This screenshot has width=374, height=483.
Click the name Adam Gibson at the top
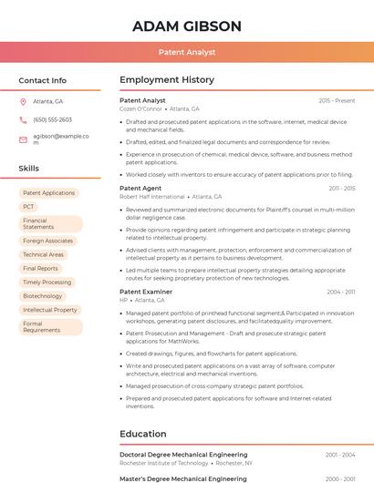coord(187,26)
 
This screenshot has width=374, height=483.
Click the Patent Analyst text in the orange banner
coord(187,53)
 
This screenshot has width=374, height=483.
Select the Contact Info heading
coord(43,80)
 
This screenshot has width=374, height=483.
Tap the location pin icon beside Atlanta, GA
coord(23,101)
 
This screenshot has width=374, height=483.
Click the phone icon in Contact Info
coord(23,119)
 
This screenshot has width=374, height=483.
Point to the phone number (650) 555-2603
coord(52,119)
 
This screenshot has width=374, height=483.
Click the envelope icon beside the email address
coord(23,139)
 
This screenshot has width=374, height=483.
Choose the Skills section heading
coord(29,169)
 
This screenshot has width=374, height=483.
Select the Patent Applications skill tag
coord(48,193)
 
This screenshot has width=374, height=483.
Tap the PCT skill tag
coord(28,207)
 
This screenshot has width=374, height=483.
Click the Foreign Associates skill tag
coord(47,241)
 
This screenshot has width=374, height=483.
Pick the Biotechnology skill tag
coord(43,296)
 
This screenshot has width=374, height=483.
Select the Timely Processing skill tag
coord(47,283)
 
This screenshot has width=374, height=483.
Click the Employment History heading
coord(167,80)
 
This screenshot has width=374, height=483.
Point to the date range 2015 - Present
coord(337,100)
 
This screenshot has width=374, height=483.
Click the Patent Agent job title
coord(140,188)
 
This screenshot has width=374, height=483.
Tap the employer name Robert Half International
coord(152,196)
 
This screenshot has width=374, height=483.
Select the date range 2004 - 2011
coord(341,292)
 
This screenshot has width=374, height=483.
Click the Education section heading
coord(143,434)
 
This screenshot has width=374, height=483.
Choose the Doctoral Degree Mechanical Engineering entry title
coord(183,454)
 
